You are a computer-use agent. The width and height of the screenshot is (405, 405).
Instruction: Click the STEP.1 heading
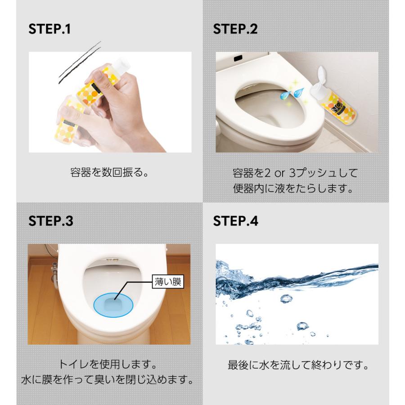(x=49, y=29)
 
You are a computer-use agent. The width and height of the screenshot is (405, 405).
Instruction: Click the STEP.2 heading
(x=235, y=29)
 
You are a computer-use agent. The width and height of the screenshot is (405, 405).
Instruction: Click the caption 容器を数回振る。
(x=109, y=172)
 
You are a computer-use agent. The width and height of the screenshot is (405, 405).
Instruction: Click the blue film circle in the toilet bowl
(x=112, y=305)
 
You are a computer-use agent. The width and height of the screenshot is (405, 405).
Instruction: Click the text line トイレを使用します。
(x=108, y=364)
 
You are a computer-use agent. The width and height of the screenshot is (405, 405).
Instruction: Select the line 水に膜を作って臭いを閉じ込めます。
(x=108, y=380)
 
